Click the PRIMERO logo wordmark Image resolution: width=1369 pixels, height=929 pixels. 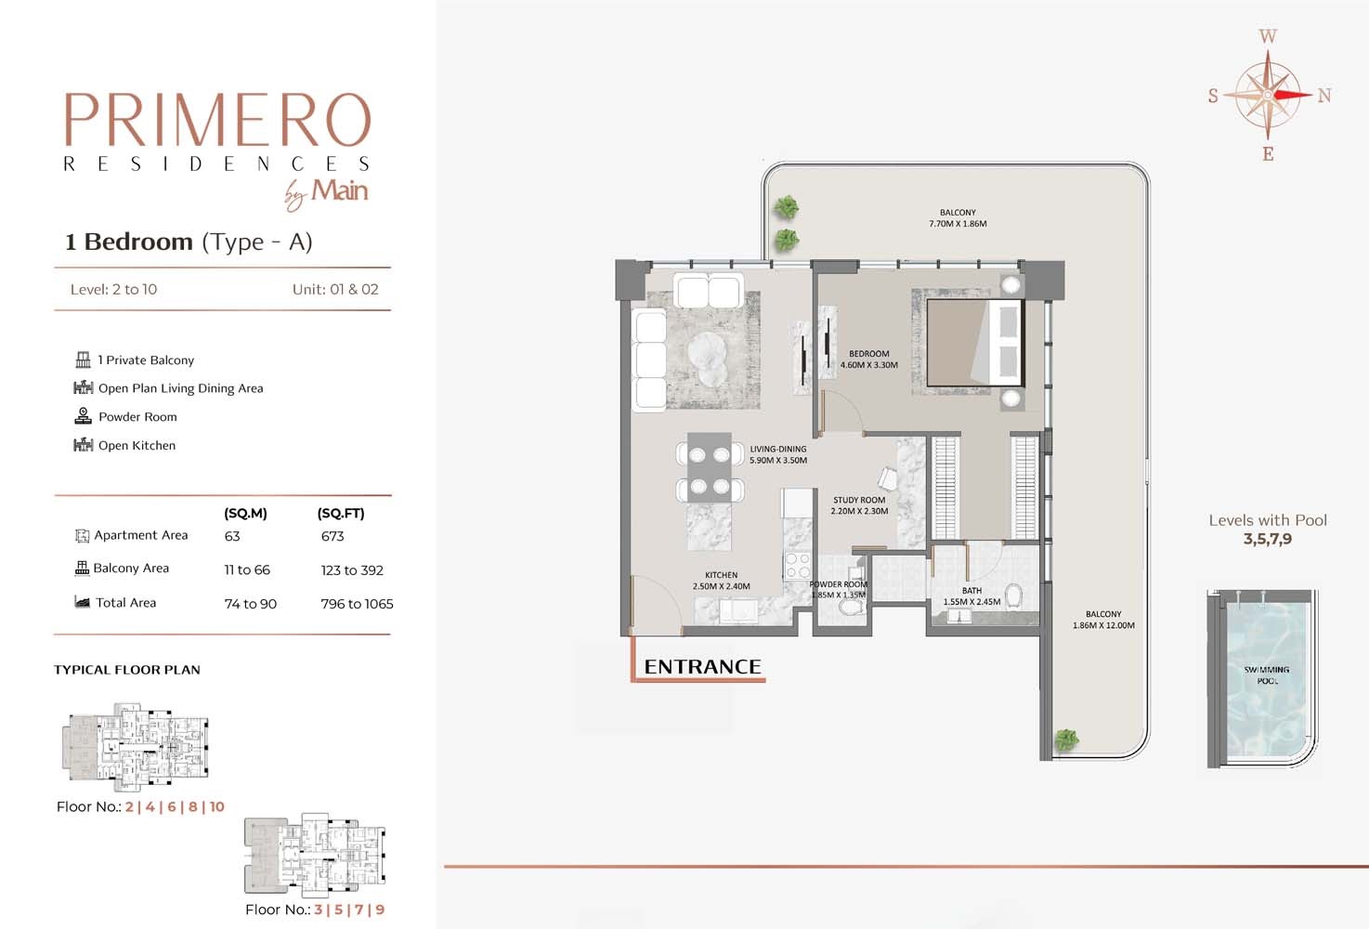pyautogui.click(x=217, y=120)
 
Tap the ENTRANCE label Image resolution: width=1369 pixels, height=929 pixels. pyautogui.click(x=702, y=667)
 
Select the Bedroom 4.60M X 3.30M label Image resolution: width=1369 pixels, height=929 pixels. pyautogui.click(x=868, y=360)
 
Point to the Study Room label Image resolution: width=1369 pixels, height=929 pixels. pyautogui.click(x=859, y=505)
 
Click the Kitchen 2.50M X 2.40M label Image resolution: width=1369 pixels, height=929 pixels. pyautogui.click(x=721, y=581)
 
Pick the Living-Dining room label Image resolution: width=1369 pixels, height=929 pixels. pyautogui.click(x=778, y=454)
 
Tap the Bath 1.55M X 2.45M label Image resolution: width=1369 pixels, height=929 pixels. pyautogui.click(x=971, y=595)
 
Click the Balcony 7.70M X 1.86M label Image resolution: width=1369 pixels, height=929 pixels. pyautogui.click(x=958, y=218)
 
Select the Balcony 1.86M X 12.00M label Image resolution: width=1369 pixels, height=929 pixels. pyautogui.click(x=1103, y=620)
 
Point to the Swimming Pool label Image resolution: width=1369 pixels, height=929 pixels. pyautogui.click(x=1267, y=675)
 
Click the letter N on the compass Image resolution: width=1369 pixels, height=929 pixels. pyautogui.click(x=1324, y=96)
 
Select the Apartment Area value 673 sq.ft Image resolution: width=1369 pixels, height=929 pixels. pyautogui.click(x=332, y=536)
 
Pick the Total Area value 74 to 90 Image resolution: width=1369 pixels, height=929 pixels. pyautogui.click(x=251, y=604)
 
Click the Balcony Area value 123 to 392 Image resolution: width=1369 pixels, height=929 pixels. pyautogui.click(x=352, y=570)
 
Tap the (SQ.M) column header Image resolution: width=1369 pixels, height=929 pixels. pyautogui.click(x=245, y=513)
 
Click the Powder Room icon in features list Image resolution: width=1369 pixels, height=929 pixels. pyautogui.click(x=83, y=416)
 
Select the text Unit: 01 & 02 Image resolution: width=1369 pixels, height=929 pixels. pyautogui.click(x=335, y=289)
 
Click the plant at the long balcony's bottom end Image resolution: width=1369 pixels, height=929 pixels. pyautogui.click(x=1066, y=739)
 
